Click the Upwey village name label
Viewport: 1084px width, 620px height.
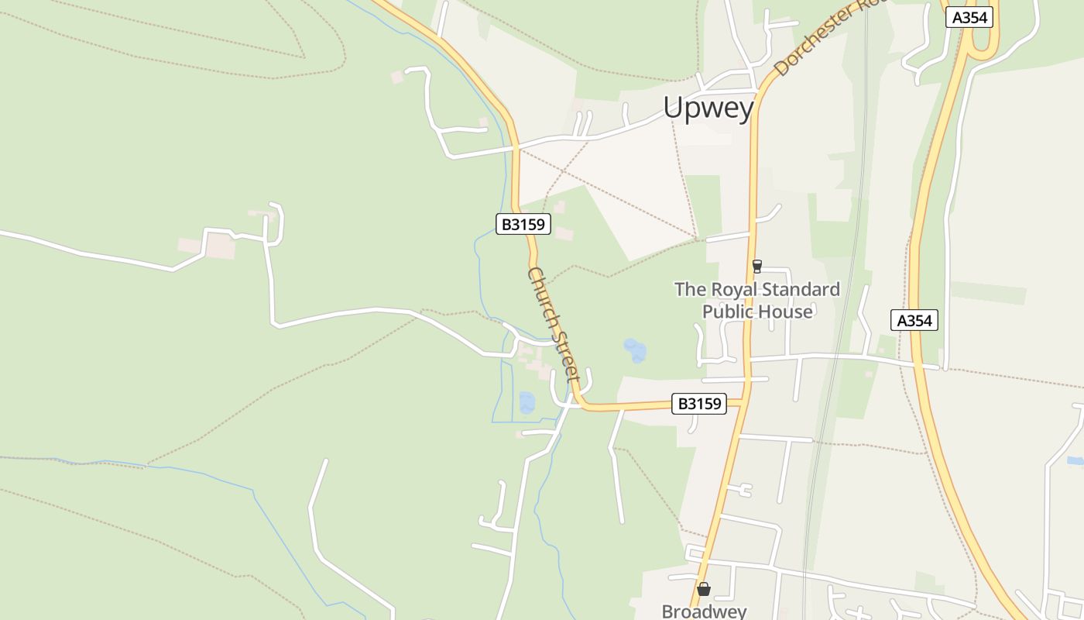pyautogui.click(x=708, y=108)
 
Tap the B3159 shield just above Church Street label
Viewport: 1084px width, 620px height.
pyautogui.click(x=523, y=225)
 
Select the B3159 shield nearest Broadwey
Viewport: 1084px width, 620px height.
pyautogui.click(x=699, y=403)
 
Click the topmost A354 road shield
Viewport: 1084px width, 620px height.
pyautogui.click(x=969, y=18)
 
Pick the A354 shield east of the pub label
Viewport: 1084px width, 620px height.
pyautogui.click(x=914, y=320)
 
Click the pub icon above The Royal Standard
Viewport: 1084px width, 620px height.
pyautogui.click(x=757, y=267)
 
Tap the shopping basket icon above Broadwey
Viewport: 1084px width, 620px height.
pyautogui.click(x=704, y=589)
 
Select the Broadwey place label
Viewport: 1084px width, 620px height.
pyautogui.click(x=704, y=611)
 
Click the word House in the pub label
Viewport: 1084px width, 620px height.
pyautogui.click(x=785, y=312)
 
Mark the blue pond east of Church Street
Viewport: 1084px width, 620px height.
pyautogui.click(x=635, y=350)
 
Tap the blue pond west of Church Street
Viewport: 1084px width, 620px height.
pyautogui.click(x=527, y=402)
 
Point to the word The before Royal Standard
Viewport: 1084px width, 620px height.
pyautogui.click(x=690, y=290)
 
